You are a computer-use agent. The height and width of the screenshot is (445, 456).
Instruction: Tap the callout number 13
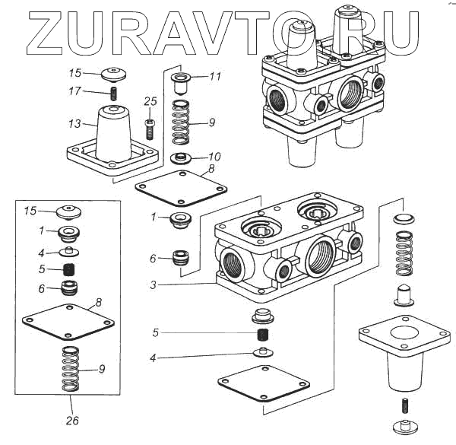pos(74,123)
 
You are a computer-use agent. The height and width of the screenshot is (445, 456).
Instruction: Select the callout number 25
pos(150,100)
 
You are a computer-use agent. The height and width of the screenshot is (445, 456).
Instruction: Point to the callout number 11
pos(215,77)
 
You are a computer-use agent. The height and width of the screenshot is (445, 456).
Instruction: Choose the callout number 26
pos(71,420)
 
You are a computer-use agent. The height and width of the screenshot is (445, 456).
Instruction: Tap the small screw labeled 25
pos(150,126)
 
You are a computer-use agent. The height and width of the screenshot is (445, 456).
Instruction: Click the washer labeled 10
pos(181,158)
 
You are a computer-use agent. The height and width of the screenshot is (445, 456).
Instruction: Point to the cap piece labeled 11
pos(182,81)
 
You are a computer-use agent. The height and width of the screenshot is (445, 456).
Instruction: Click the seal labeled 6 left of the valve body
pos(182,256)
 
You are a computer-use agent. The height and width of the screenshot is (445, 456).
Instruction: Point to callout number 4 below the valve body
pos(154,358)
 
